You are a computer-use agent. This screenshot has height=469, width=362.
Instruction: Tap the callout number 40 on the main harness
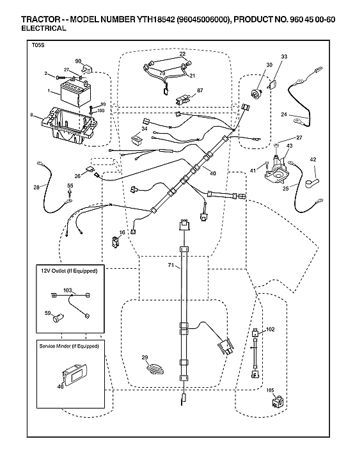coord(212,173)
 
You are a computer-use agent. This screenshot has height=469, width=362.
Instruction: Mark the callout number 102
coord(270,329)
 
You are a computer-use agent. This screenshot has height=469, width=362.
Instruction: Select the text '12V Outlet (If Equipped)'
coord(69,271)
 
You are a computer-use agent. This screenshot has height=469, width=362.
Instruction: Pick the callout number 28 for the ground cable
coord(36,187)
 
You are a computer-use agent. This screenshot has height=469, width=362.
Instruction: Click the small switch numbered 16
coord(116,242)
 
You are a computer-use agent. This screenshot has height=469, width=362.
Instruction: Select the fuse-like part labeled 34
coord(136,138)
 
